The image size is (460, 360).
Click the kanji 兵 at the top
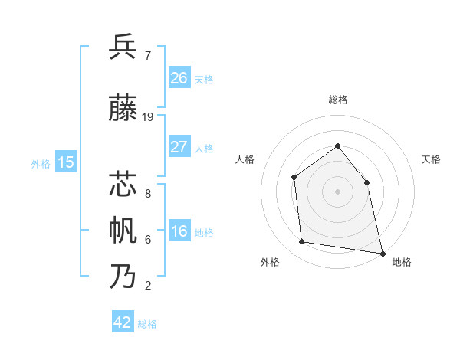pyautogui.click(x=123, y=47)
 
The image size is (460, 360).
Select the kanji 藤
pyautogui.click(x=123, y=110)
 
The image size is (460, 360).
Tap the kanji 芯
pyautogui.click(x=123, y=185)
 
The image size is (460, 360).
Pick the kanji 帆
pyautogui.click(x=123, y=230)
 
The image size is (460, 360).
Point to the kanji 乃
pyautogui.click(x=123, y=276)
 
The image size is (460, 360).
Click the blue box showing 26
pyautogui.click(x=179, y=78)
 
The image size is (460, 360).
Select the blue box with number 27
pyautogui.click(x=179, y=147)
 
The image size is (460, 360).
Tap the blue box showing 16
pyautogui.click(x=179, y=232)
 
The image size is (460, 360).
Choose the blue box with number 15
pyautogui.click(x=66, y=162)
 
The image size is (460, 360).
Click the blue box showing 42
pyautogui.click(x=123, y=322)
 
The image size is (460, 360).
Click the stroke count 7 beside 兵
pyautogui.click(x=147, y=55)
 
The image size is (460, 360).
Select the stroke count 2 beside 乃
pyautogui.click(x=147, y=286)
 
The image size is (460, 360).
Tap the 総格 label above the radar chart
pyautogui.click(x=337, y=100)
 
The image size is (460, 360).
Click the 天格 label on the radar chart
pyautogui.click(x=431, y=159)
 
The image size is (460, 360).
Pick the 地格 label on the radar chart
pyautogui.click(x=402, y=262)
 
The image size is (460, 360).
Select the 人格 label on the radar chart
pyautogui.click(x=245, y=159)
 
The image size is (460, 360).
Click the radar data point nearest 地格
pyautogui.click(x=382, y=253)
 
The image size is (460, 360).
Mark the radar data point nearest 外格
pyautogui.click(x=302, y=242)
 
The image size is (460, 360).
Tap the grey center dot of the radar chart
pyautogui.click(x=337, y=191)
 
